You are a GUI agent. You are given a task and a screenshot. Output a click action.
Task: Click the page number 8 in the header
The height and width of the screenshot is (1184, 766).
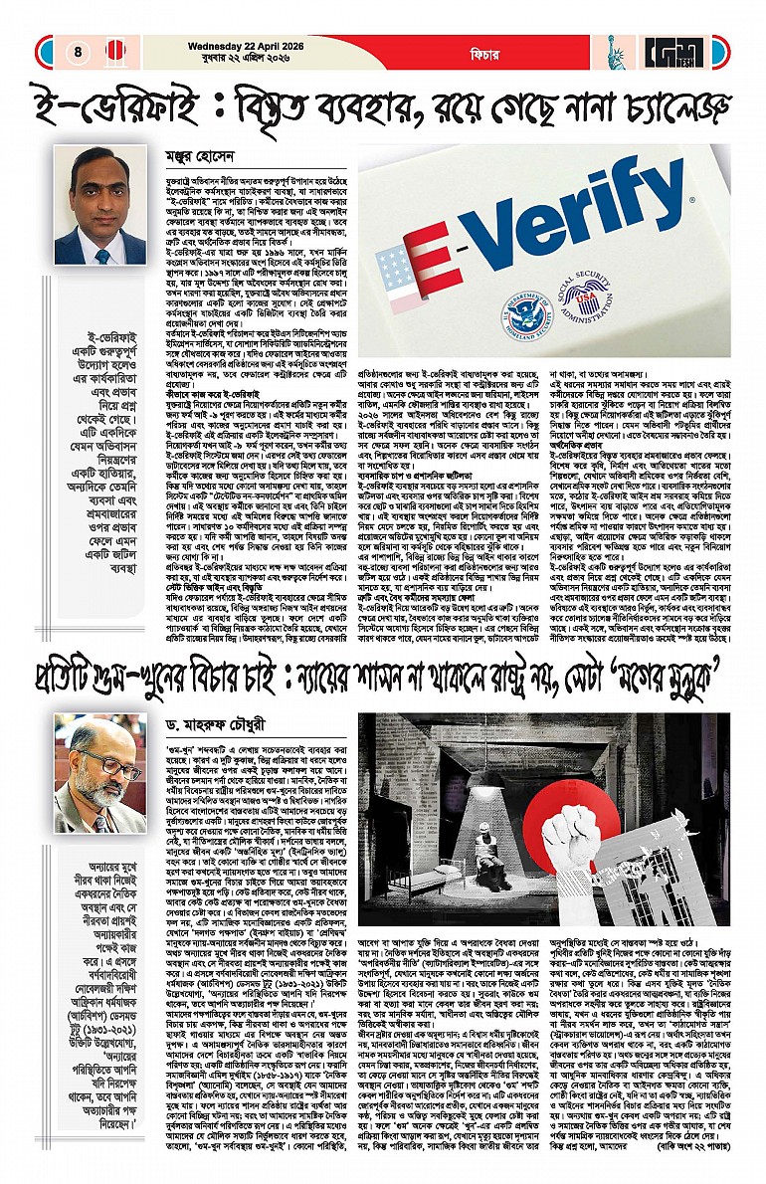coord(78,50)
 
